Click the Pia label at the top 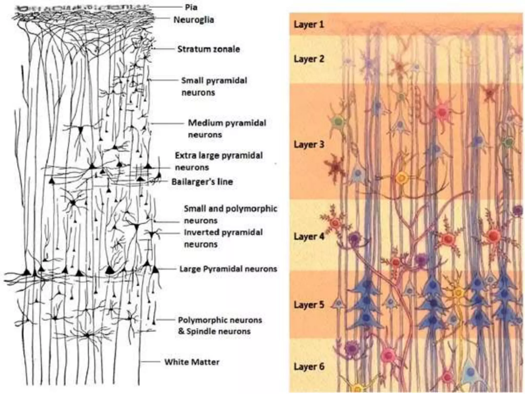pos(191,7)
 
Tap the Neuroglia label pos(194,20)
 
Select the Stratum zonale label pos(209,49)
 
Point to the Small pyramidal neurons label pos(214,86)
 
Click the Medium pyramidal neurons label pos(227,129)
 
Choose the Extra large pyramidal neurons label pos(219,161)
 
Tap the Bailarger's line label pos(202,182)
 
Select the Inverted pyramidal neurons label pos(223,238)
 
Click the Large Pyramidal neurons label pos(228,269)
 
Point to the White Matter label pos(192,362)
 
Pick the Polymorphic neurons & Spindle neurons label pos(220,326)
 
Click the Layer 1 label pos(309,25)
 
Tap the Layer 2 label pos(309,59)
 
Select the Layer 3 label pos(309,144)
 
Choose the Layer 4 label pos(309,236)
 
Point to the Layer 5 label pos(309,305)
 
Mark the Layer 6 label pos(309,366)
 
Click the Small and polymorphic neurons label pos(230,214)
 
